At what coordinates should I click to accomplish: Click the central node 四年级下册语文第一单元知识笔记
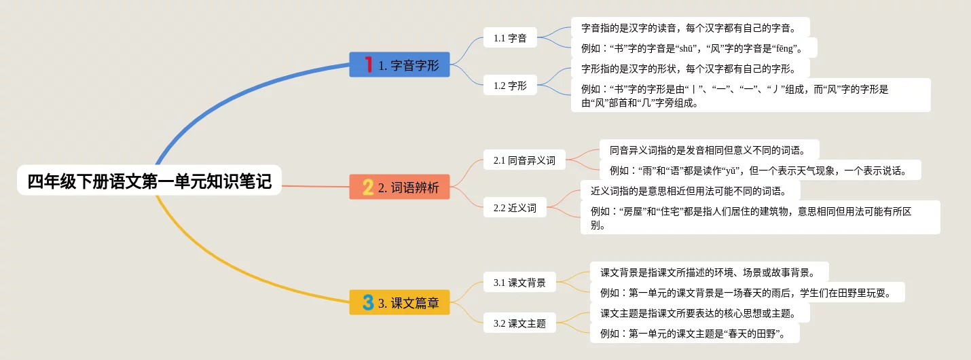coord(149,181)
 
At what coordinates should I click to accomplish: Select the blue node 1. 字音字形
coord(399,65)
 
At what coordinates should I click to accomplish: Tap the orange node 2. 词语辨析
coord(399,187)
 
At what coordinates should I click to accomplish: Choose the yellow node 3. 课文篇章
coord(399,302)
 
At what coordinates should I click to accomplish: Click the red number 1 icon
coord(368,65)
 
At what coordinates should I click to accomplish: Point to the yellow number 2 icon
coord(368,187)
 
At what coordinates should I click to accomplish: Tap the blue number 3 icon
coord(368,302)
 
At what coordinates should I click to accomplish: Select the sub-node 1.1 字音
coord(510,38)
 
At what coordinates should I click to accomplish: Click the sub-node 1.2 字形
coord(510,86)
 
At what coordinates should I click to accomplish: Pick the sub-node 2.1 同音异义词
coord(524,160)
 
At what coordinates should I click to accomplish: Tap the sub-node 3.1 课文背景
coord(519,283)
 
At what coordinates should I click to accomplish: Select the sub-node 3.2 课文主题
coord(519,323)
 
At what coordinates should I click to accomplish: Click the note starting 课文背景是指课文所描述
coord(709,272)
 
